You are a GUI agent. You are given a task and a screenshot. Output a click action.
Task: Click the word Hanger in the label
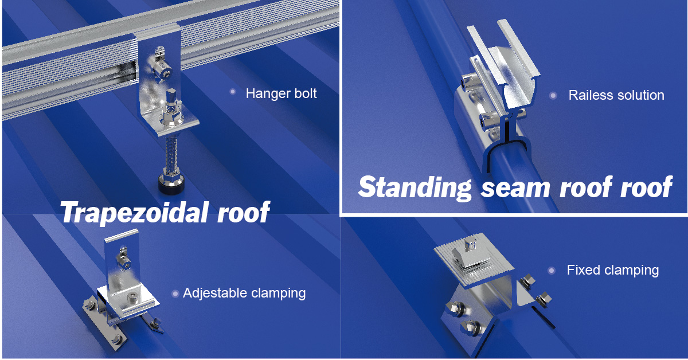(x=268, y=93)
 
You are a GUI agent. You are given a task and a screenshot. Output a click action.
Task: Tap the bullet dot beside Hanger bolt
(x=233, y=92)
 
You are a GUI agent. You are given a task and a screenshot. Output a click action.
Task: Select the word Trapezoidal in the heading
(x=134, y=212)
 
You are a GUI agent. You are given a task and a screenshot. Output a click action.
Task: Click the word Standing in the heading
(x=415, y=187)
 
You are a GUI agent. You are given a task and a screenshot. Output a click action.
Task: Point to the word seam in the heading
(x=515, y=187)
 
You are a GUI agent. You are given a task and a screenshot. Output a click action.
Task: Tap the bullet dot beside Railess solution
(x=553, y=96)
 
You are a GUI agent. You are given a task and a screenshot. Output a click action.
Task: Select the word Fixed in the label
(x=583, y=270)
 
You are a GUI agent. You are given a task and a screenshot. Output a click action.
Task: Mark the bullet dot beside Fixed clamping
(x=552, y=271)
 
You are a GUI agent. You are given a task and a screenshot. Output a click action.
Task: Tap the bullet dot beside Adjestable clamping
(x=175, y=294)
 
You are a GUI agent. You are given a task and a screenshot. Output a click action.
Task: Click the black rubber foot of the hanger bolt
(x=171, y=185)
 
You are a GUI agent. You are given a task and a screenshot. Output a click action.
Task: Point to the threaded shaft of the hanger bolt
(x=171, y=155)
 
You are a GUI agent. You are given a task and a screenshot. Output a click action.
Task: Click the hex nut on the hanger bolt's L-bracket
(x=170, y=118)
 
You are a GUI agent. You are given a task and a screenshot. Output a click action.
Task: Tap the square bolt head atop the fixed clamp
(x=470, y=245)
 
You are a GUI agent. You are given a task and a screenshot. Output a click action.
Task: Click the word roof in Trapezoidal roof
(x=243, y=212)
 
